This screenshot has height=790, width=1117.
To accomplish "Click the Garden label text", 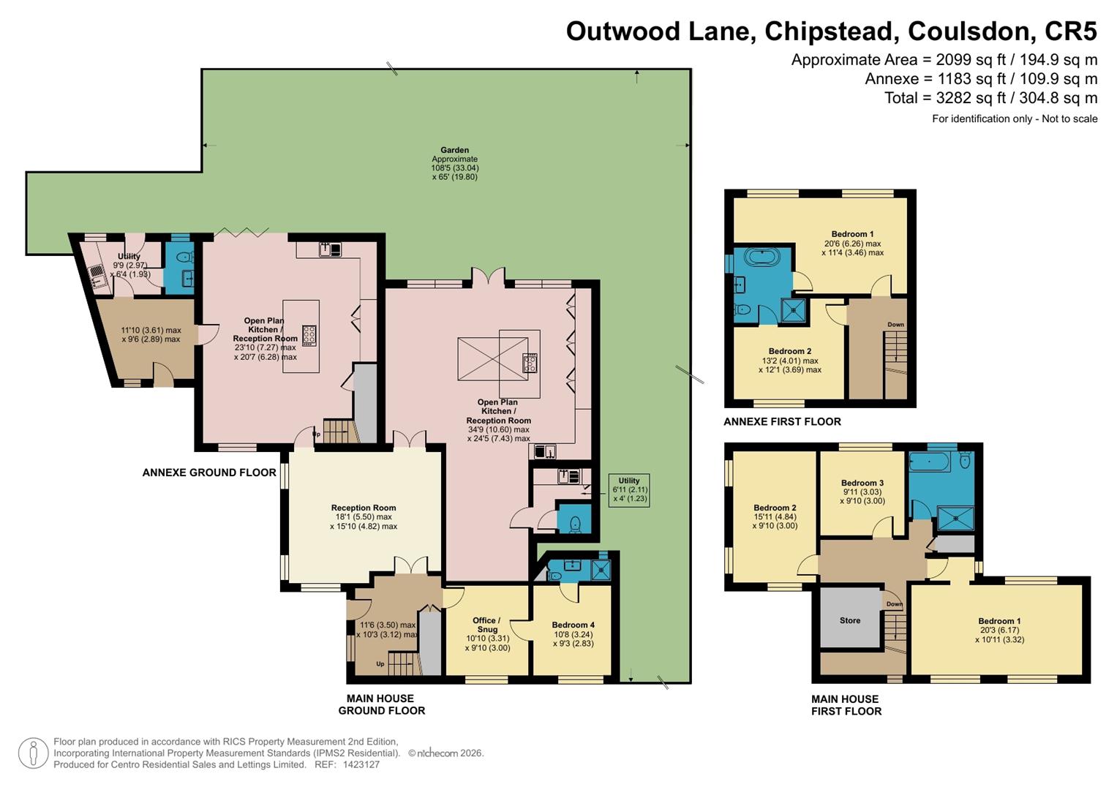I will (x=454, y=150).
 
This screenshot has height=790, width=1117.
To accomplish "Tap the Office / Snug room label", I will (x=486, y=625).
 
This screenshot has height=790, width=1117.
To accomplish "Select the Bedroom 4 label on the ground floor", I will (x=573, y=625).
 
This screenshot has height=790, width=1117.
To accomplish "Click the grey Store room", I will (x=850, y=620).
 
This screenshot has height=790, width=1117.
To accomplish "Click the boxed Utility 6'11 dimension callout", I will (x=628, y=489).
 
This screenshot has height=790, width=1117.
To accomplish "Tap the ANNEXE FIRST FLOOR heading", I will (x=782, y=421).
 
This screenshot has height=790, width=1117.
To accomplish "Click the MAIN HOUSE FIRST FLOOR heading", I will (x=846, y=705).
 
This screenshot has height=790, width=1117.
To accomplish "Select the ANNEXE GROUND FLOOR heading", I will (x=209, y=473).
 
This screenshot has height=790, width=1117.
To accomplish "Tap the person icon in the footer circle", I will (x=33, y=753).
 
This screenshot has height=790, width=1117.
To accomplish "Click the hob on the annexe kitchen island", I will (x=309, y=335).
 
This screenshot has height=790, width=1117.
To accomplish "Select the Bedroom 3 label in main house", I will (x=862, y=483).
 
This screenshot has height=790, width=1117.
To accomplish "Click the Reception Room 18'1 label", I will (x=364, y=508).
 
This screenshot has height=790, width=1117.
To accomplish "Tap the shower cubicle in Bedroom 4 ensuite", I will (x=601, y=570).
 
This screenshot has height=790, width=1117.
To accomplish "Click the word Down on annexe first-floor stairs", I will (x=895, y=325).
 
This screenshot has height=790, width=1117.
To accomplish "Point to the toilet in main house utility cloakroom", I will (x=575, y=524).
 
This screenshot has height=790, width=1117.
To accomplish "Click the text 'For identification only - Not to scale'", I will (x=1014, y=118).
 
